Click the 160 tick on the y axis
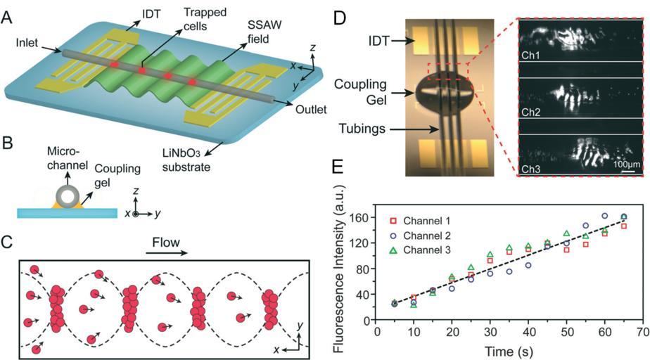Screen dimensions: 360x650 pyautogui.click(x=364, y=218)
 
